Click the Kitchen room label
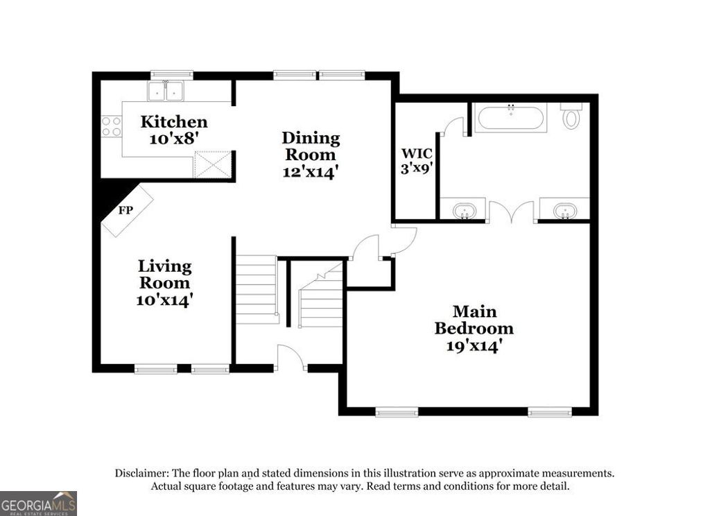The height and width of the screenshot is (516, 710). click(x=174, y=122)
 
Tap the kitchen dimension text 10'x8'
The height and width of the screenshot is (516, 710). click(x=174, y=138)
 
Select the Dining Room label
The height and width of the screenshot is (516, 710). click(x=311, y=146)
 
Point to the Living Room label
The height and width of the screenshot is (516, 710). click(x=164, y=274)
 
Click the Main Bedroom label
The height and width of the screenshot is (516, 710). click(x=474, y=320)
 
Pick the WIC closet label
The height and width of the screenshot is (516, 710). click(x=417, y=153)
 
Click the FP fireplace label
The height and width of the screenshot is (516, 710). click(x=125, y=210)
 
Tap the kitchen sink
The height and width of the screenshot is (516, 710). click(x=165, y=91)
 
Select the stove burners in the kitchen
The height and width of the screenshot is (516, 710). click(x=112, y=126)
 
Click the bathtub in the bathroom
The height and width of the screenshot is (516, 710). click(x=511, y=117)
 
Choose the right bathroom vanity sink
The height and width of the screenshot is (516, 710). click(x=566, y=210)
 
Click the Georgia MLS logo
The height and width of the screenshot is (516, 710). click(x=38, y=503)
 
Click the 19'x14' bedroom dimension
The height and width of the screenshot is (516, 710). click(x=474, y=345)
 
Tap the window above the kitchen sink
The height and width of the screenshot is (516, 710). click(x=172, y=74)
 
